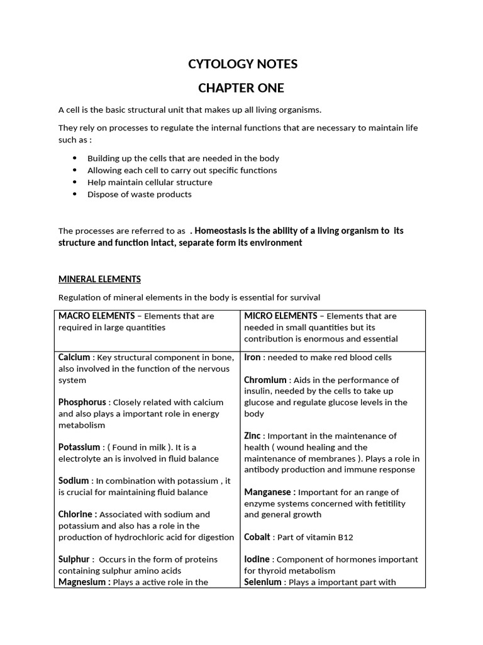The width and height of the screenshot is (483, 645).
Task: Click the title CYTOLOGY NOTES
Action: pyautogui.click(x=243, y=64)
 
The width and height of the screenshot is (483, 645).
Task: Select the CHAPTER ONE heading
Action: pyautogui.click(x=242, y=88)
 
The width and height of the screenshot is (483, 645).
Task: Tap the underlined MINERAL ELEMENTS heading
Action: pyautogui.click(x=99, y=279)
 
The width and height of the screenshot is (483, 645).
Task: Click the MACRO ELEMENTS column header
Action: pyautogui.click(x=96, y=316)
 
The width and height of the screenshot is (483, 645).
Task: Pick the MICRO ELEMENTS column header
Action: pyautogui.click(x=280, y=316)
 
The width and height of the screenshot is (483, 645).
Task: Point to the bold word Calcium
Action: pyautogui.click(x=74, y=358)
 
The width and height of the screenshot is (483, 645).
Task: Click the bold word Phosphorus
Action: pyautogui.click(x=82, y=402)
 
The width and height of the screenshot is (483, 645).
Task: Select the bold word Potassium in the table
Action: pyautogui.click(x=79, y=447)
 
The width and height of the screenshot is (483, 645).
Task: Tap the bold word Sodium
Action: pyautogui.click(x=74, y=481)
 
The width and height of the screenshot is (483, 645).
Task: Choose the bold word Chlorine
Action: pyautogui.click(x=77, y=515)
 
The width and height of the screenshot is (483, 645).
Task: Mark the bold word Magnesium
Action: pyautogui.click(x=83, y=582)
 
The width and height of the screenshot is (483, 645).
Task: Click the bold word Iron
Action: pyautogui.click(x=252, y=358)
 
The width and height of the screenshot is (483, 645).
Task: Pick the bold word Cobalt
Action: pyautogui.click(x=257, y=537)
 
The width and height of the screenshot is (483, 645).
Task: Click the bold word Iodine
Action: pyautogui.click(x=257, y=559)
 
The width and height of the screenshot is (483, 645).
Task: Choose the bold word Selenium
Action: pyautogui.click(x=263, y=582)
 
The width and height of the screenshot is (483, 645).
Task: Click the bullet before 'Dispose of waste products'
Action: pyautogui.click(x=75, y=194)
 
